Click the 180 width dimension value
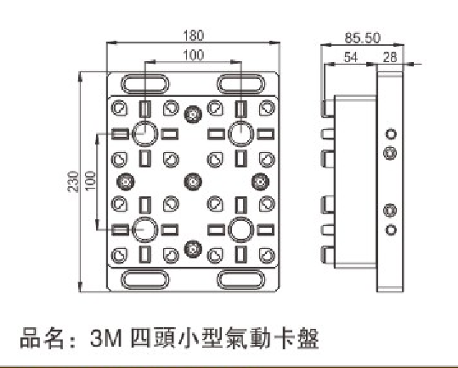(193, 36)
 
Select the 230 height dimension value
(73, 182)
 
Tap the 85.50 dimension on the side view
(363, 38)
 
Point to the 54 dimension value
(350, 57)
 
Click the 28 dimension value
(390, 57)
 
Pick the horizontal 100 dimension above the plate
(194, 55)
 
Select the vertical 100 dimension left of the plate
(90, 181)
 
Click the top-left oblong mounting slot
(144, 84)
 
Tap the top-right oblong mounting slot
(241, 84)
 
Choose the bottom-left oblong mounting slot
(144, 280)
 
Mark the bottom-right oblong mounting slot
(241, 280)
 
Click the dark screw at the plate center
(193, 182)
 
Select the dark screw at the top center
(193, 114)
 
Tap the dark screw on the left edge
(126, 182)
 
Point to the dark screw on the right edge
(260, 182)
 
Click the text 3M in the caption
(105, 338)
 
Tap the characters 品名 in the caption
(42, 338)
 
